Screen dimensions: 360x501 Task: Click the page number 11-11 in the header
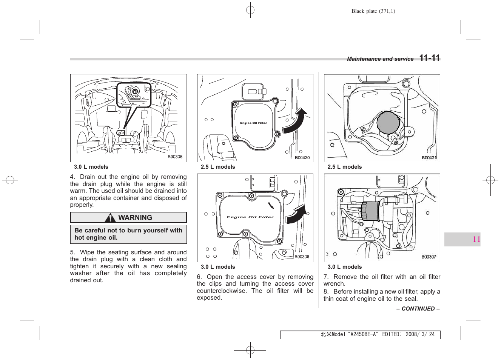point(430,58)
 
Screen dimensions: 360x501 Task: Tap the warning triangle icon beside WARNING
point(110,218)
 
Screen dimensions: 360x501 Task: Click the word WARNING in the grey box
point(135,218)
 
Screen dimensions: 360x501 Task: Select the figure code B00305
point(175,157)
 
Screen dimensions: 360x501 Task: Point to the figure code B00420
point(302,158)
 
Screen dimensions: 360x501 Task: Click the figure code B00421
point(429,158)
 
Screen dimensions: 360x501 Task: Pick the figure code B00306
point(302,257)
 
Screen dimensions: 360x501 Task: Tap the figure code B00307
point(429,257)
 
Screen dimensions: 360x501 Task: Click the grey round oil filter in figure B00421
point(388,123)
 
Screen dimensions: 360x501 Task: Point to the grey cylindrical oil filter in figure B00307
point(371,211)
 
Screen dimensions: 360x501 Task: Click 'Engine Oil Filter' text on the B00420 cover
point(253,123)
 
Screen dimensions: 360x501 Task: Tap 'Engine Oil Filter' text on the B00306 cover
point(250,217)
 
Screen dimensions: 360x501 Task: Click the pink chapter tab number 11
point(476,239)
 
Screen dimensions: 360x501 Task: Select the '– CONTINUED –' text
point(418,309)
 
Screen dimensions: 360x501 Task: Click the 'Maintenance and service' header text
point(380,59)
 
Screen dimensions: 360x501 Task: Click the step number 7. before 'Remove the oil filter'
point(326,277)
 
